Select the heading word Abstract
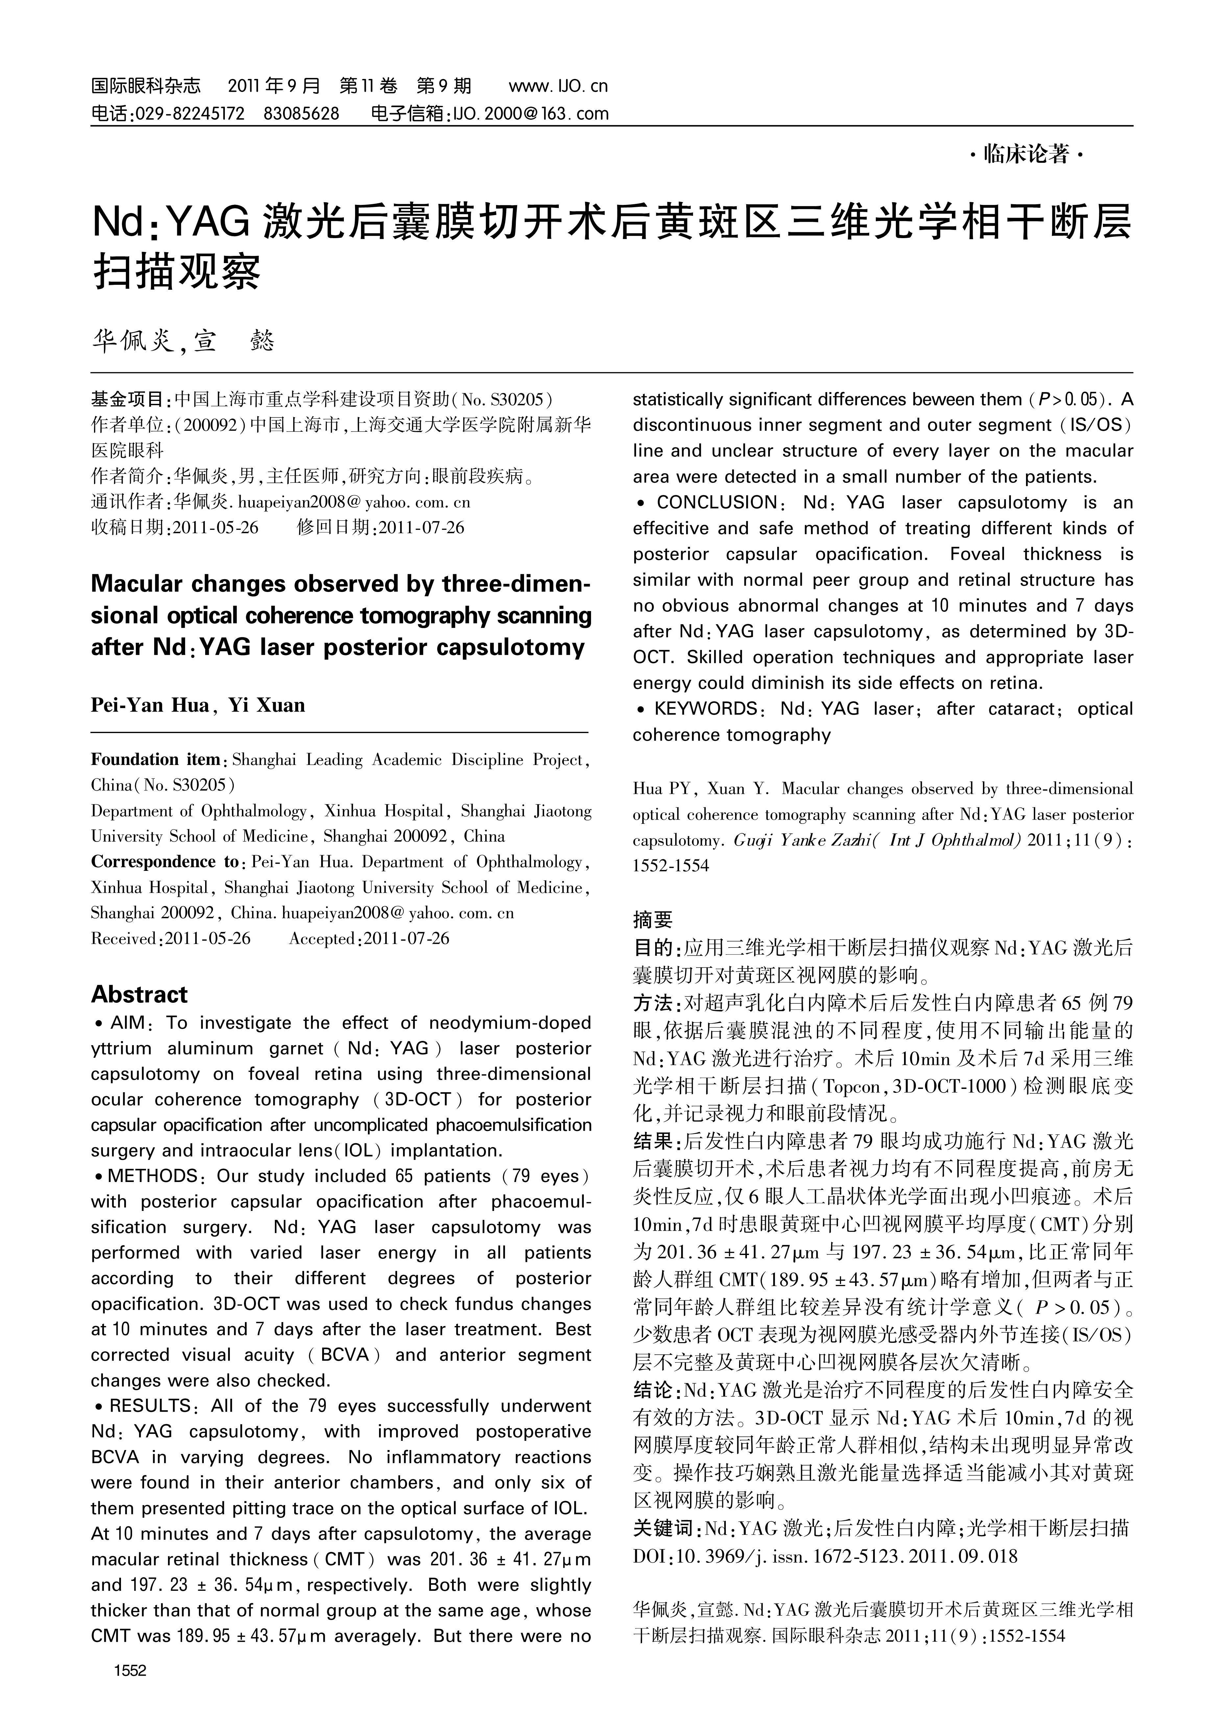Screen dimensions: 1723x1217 [x=140, y=994]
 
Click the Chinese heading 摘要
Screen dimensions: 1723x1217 [x=653, y=919]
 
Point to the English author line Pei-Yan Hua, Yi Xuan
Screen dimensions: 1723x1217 [x=198, y=705]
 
